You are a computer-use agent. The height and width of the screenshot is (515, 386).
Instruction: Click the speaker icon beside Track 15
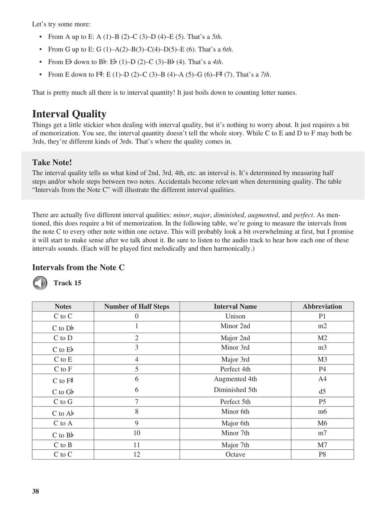point(40,283)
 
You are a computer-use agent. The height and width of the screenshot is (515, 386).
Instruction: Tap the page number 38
point(36,491)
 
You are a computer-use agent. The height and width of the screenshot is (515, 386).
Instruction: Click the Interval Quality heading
point(69,114)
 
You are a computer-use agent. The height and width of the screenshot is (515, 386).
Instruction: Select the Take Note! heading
point(52,162)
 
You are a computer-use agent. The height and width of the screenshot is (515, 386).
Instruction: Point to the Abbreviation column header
point(322,306)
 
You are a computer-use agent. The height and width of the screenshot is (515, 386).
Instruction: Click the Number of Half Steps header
point(137,306)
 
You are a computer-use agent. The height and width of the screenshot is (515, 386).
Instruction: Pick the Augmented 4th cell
point(235,379)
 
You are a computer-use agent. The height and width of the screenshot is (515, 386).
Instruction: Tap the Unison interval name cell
point(235,316)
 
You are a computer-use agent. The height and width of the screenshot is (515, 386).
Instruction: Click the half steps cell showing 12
point(137,454)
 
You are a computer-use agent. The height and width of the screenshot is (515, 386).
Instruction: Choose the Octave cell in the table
point(235,454)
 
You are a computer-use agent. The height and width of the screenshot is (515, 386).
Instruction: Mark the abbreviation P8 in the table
point(322,454)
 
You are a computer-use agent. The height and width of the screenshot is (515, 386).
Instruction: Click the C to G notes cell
point(63,401)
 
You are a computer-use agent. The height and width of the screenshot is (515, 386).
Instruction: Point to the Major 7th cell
point(235,445)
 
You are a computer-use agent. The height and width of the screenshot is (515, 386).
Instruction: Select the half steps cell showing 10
point(137,433)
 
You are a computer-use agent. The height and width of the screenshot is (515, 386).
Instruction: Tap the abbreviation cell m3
point(322,347)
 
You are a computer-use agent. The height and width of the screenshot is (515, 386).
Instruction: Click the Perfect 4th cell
point(235,369)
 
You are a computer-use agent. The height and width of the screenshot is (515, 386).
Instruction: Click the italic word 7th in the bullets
point(265,74)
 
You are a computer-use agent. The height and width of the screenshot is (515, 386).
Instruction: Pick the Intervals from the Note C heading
point(78,267)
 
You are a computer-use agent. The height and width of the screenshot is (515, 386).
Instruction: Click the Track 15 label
point(67,283)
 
